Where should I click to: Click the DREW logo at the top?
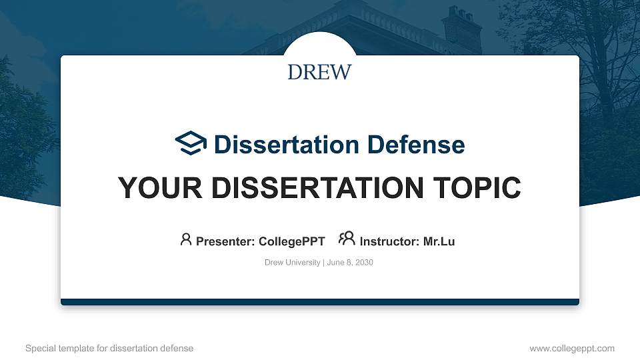[319, 72]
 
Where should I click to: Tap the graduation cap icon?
[191, 143]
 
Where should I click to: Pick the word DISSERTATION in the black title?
[317, 188]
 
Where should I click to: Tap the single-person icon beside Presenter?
[186, 239]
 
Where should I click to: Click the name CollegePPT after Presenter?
[291, 241]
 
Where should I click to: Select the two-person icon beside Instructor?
[347, 239]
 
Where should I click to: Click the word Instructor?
[387, 241]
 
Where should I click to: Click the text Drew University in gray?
[293, 263]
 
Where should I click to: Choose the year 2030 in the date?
[364, 263]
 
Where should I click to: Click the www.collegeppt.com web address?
[571, 348]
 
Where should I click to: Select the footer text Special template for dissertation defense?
[109, 348]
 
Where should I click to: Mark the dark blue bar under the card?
[320, 302]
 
